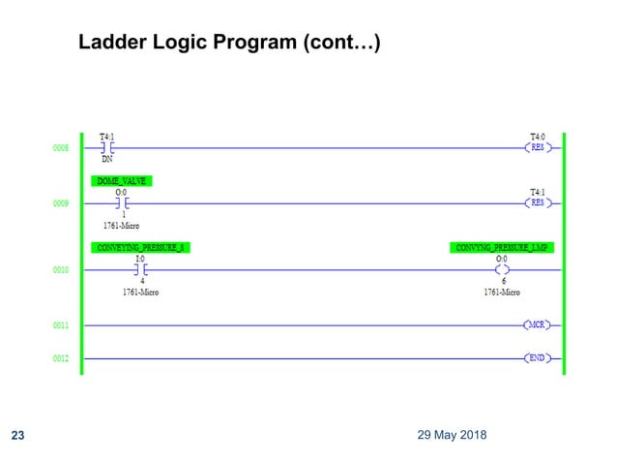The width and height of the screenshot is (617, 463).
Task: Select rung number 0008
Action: (x=61, y=148)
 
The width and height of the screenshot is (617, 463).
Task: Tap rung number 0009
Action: (x=61, y=204)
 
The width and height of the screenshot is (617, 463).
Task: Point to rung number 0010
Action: (x=61, y=270)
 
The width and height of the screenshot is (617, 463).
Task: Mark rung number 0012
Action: (x=61, y=358)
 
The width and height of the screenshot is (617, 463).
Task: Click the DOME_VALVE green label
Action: (x=123, y=181)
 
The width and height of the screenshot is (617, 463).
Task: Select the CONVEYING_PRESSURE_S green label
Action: (x=140, y=247)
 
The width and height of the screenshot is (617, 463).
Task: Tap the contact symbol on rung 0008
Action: (x=107, y=148)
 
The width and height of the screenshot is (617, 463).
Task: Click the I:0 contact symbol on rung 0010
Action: (x=141, y=270)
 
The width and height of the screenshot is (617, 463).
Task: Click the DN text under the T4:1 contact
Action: (x=107, y=160)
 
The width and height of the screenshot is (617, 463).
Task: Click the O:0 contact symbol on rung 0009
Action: (x=122, y=204)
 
